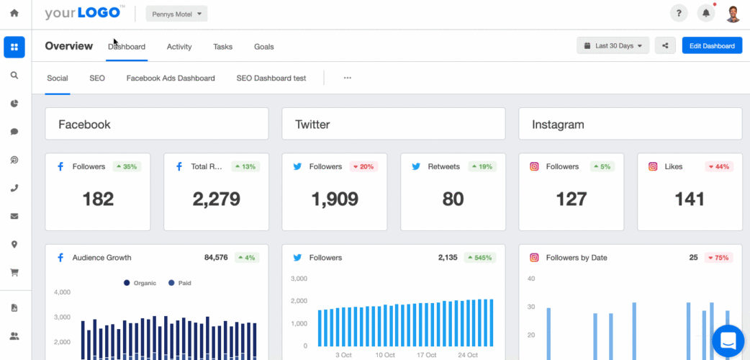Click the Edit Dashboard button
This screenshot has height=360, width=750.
pyautogui.click(x=711, y=46)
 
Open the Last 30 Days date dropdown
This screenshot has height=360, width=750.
pyautogui.click(x=613, y=46)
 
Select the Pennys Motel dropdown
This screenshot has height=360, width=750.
pyautogui.click(x=176, y=14)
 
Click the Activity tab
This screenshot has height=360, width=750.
pyautogui.click(x=179, y=47)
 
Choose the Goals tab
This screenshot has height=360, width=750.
pyautogui.click(x=263, y=47)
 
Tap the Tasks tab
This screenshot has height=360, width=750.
pyautogui.click(x=222, y=47)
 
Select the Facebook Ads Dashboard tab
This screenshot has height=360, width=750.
pyautogui.click(x=171, y=78)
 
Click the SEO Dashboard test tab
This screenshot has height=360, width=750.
pyautogui.click(x=271, y=78)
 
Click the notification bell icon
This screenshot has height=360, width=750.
pyautogui.click(x=706, y=14)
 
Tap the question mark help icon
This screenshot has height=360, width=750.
pyautogui.click(x=678, y=14)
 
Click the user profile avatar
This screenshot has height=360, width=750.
pyautogui.click(x=733, y=14)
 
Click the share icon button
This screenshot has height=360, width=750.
pyautogui.click(x=665, y=46)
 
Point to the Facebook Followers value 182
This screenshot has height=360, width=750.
pyautogui.click(x=98, y=199)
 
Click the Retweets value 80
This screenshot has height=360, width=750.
pyautogui.click(x=453, y=199)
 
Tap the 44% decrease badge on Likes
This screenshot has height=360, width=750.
pyautogui.click(x=718, y=166)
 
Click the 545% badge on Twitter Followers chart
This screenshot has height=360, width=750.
pyautogui.click(x=479, y=257)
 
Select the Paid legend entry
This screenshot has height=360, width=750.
pyautogui.click(x=181, y=283)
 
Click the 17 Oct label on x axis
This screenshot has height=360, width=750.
pyautogui.click(x=426, y=355)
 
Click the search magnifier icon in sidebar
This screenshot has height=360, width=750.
pyautogui.click(x=14, y=75)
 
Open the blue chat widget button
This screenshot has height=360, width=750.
pyautogui.click(x=728, y=341)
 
